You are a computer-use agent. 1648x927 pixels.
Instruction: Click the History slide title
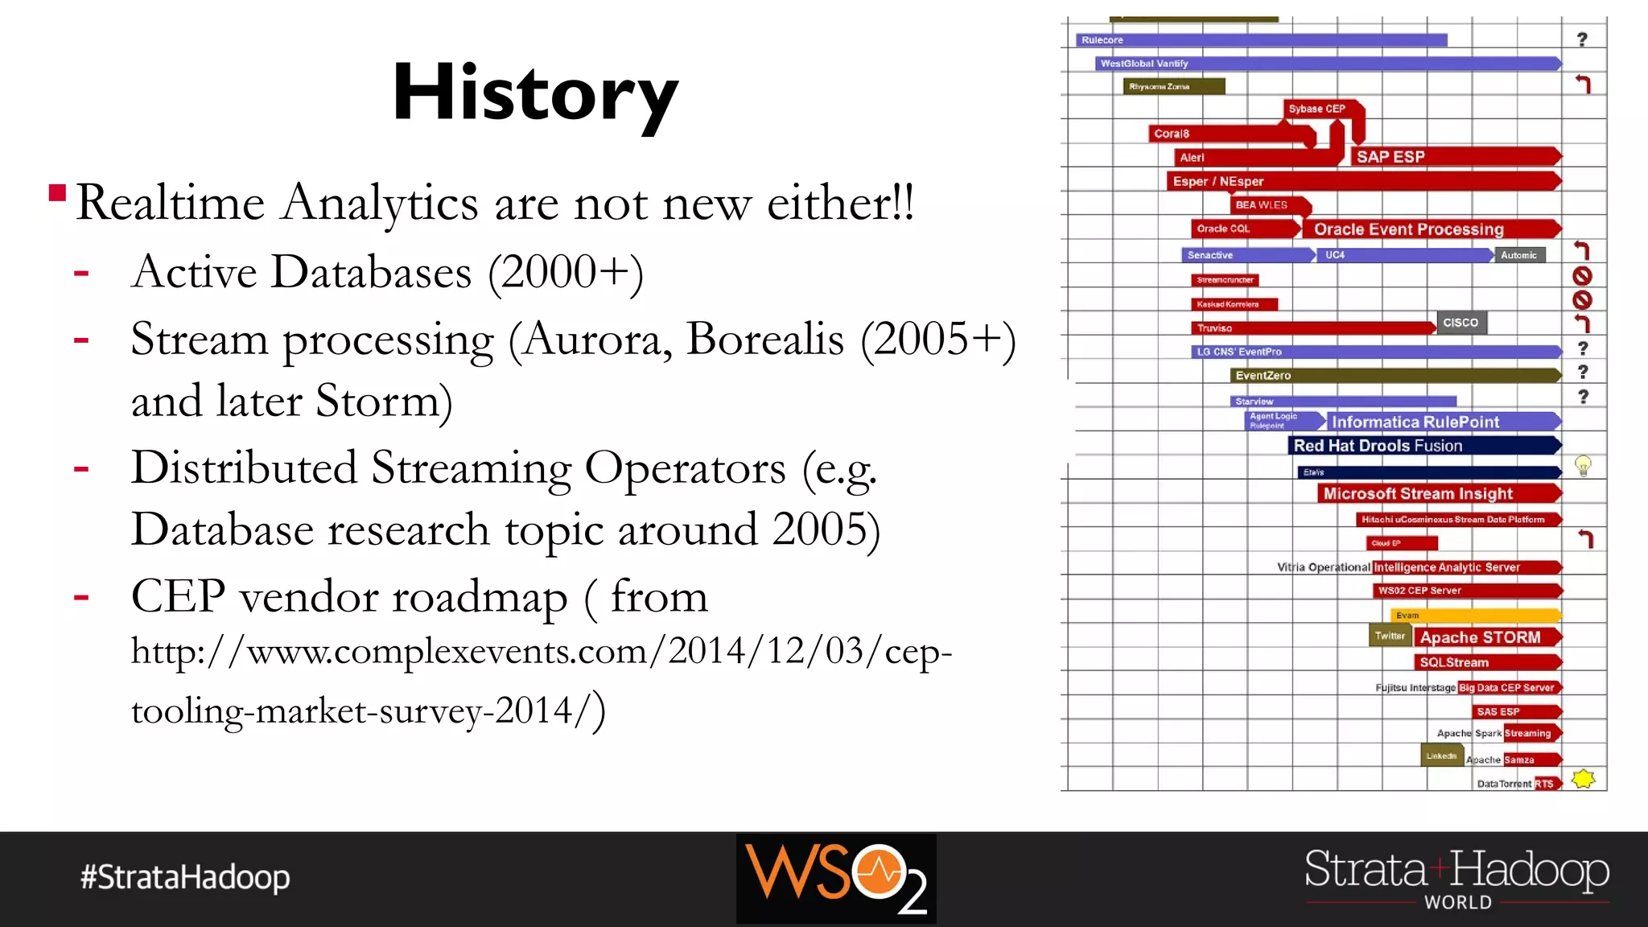pos(535,95)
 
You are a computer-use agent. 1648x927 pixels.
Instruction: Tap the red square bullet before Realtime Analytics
pos(57,193)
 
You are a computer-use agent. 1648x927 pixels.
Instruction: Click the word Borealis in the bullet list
pos(764,339)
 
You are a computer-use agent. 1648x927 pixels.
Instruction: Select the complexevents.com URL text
pos(541,680)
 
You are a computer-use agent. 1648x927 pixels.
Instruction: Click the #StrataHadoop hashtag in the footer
pos(185,877)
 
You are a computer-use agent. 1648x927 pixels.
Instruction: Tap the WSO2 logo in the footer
pos(835,878)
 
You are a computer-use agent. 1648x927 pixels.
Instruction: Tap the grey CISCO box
pos(1461,323)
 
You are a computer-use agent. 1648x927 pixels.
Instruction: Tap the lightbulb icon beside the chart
pos(1583,466)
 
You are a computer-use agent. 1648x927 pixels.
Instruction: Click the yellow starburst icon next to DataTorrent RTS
pos(1583,779)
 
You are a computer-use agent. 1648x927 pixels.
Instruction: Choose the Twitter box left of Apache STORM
pos(1390,636)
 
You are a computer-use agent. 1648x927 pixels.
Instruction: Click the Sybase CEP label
pos(1317,109)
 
